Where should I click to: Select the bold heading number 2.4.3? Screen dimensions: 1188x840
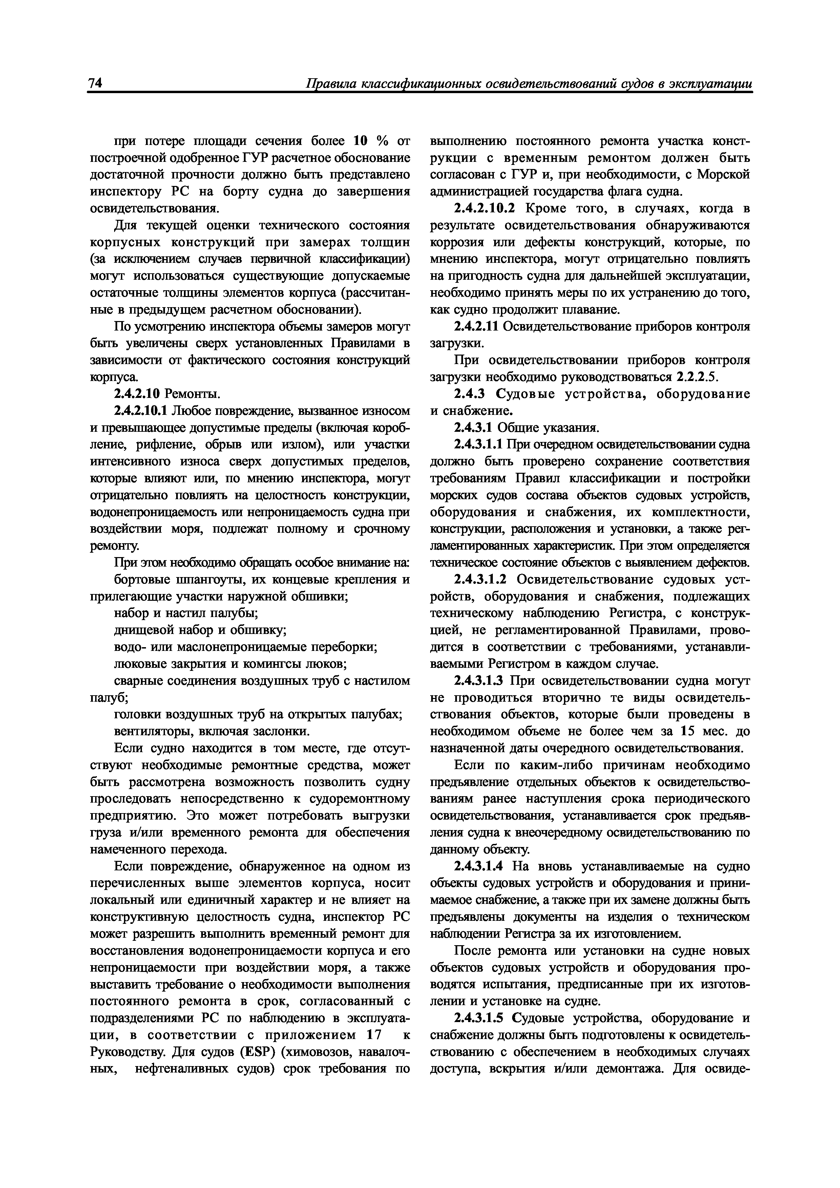pyautogui.click(x=469, y=394)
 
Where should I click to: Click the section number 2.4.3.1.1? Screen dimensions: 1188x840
pyautogui.click(x=478, y=444)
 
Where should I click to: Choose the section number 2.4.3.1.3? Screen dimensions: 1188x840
pyautogui.click(x=480, y=681)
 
